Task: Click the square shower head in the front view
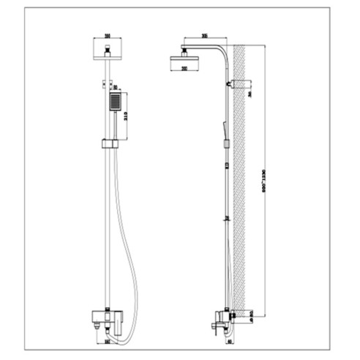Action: (x=107, y=49)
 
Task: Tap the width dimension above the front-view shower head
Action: (x=107, y=34)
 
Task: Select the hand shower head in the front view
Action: (x=115, y=102)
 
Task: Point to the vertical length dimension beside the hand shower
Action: (x=127, y=116)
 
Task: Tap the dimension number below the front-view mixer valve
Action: (x=107, y=340)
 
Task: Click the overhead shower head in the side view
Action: (x=185, y=56)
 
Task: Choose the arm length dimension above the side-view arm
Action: (x=204, y=35)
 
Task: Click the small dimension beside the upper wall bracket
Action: (x=250, y=94)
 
